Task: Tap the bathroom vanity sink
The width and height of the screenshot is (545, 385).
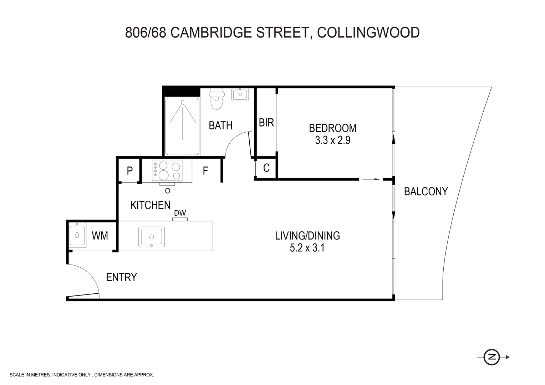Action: pyautogui.click(x=240, y=94)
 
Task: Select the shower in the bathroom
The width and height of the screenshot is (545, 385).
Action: pyautogui.click(x=182, y=126)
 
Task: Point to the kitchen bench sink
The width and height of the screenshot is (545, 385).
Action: pyautogui.click(x=152, y=237)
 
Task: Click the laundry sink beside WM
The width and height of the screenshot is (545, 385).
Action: pyautogui.click(x=77, y=235)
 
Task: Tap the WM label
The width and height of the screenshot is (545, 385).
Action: pyautogui.click(x=100, y=236)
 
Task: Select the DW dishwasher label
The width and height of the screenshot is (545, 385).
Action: pyautogui.click(x=180, y=213)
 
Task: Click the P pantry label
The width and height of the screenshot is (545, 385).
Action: pyautogui.click(x=130, y=171)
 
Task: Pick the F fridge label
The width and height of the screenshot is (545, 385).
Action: pyautogui.click(x=205, y=171)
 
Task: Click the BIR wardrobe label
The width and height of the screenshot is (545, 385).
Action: pyautogui.click(x=266, y=123)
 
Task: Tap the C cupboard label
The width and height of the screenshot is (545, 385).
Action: pyautogui.click(x=266, y=168)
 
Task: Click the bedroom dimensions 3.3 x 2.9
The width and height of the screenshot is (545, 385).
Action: pyautogui.click(x=332, y=140)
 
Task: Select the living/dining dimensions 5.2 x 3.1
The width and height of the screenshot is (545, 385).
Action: pyautogui.click(x=307, y=248)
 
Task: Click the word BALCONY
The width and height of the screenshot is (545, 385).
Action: pyautogui.click(x=426, y=192)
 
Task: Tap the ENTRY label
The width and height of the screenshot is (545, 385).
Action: pyautogui.click(x=122, y=277)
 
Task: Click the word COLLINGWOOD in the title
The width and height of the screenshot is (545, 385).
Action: pyautogui.click(x=368, y=32)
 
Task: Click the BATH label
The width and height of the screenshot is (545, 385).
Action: pyautogui.click(x=220, y=125)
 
